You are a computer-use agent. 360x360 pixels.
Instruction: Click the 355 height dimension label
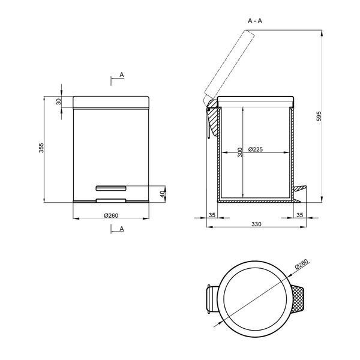41,148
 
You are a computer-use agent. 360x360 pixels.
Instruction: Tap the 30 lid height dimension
59,101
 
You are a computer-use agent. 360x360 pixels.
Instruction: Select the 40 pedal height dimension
163,194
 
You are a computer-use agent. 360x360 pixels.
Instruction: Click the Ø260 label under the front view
111,215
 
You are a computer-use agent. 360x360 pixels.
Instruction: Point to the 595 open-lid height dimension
319,116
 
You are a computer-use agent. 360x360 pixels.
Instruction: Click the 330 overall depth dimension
256,224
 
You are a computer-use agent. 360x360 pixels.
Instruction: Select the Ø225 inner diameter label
256,149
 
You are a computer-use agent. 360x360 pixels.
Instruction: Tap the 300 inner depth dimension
239,152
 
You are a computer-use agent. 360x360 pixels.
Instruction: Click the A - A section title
255,20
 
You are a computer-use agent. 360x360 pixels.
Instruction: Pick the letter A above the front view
122,74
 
